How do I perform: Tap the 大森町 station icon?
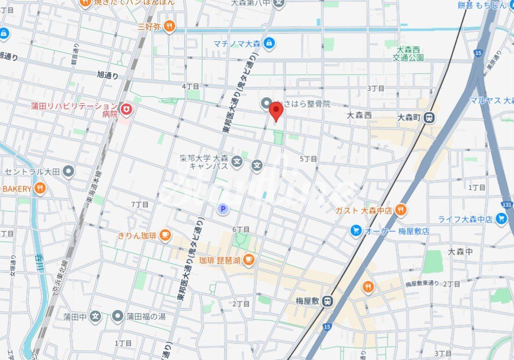429,117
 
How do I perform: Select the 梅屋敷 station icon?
327,301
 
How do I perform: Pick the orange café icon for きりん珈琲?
165,235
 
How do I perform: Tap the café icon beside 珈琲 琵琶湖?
248,260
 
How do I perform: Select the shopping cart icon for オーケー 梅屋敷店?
356,231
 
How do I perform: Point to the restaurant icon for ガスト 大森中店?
401,210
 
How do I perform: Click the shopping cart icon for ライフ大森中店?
500,219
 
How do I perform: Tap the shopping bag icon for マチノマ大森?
269,43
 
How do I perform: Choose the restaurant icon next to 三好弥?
170,26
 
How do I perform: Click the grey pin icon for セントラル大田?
68,172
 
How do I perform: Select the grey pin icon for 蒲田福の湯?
118,316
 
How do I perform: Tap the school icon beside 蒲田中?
96,317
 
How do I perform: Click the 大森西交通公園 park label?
408,54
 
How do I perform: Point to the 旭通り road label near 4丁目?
108,75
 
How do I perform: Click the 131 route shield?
507,204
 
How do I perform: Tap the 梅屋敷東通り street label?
422,284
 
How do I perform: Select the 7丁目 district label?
140,204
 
